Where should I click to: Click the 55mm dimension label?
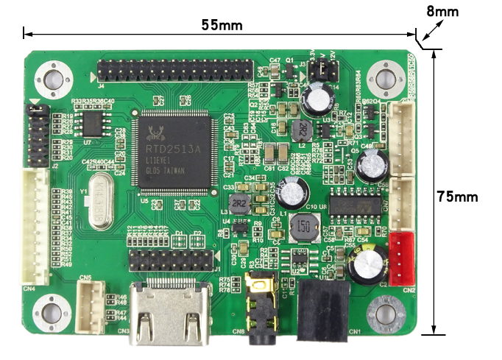click(x=222, y=24)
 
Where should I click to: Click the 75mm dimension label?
click(x=459, y=197)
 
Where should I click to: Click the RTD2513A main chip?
click(x=173, y=152)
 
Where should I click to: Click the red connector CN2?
click(x=402, y=257)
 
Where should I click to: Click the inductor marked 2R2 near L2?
click(x=302, y=131)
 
